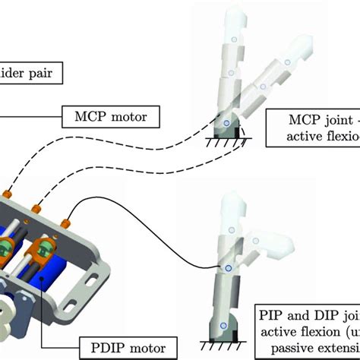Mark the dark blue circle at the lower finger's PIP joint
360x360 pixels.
point(225,268)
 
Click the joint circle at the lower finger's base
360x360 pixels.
point(224,325)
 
